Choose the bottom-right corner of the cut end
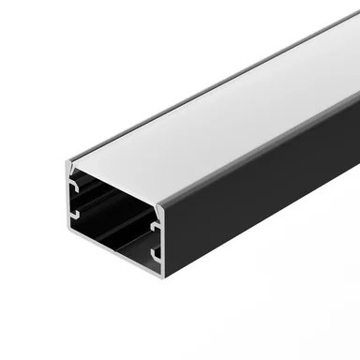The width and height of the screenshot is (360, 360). point(164,287)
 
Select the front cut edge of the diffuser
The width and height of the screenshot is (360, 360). point(117,185)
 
